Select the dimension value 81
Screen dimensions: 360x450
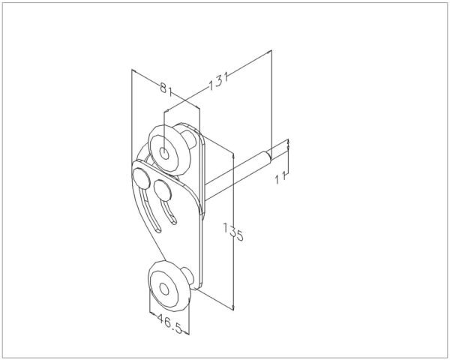pos(166,89)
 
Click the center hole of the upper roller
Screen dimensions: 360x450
pos(164,153)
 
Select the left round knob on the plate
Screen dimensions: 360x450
pos(142,178)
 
